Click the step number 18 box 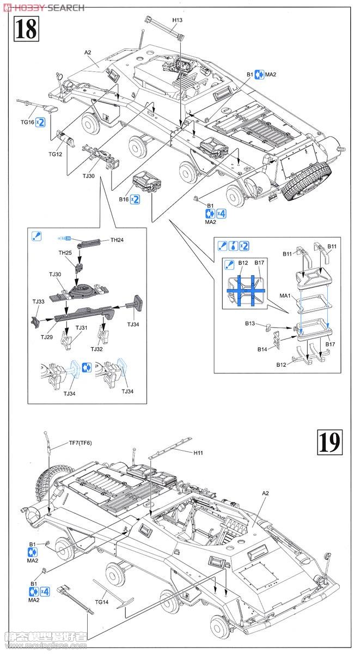26,28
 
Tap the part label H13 178,20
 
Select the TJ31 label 81,328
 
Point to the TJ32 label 96,349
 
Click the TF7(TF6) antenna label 81,443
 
